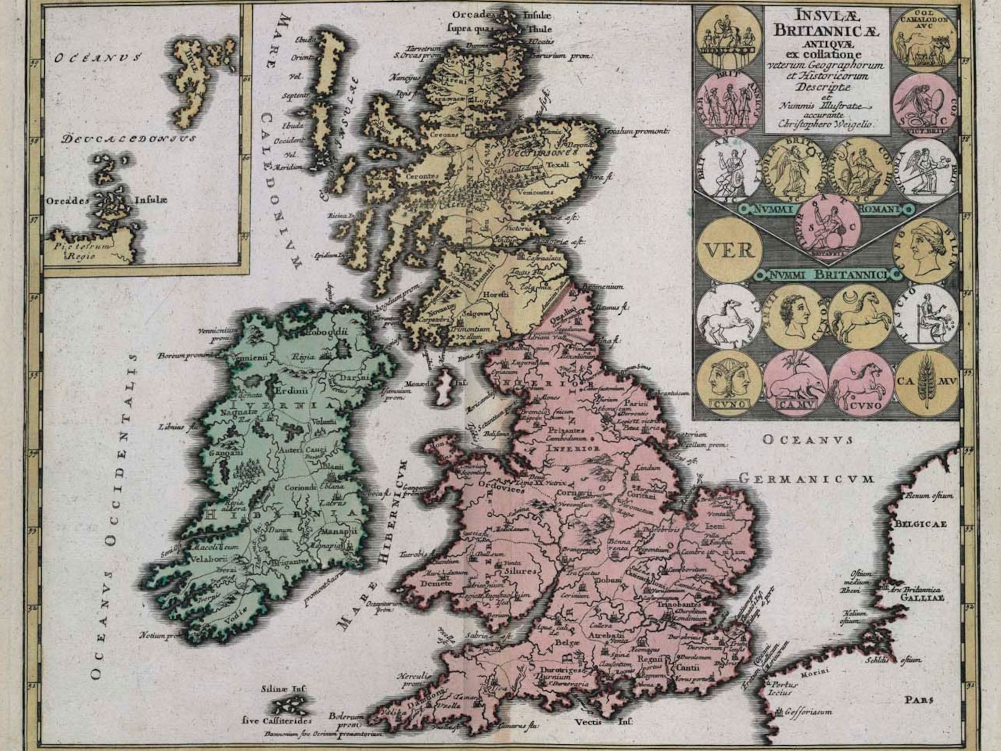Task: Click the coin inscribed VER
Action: pos(730,250)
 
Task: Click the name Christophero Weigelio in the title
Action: pos(826,124)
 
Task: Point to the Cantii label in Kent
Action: pos(688,667)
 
